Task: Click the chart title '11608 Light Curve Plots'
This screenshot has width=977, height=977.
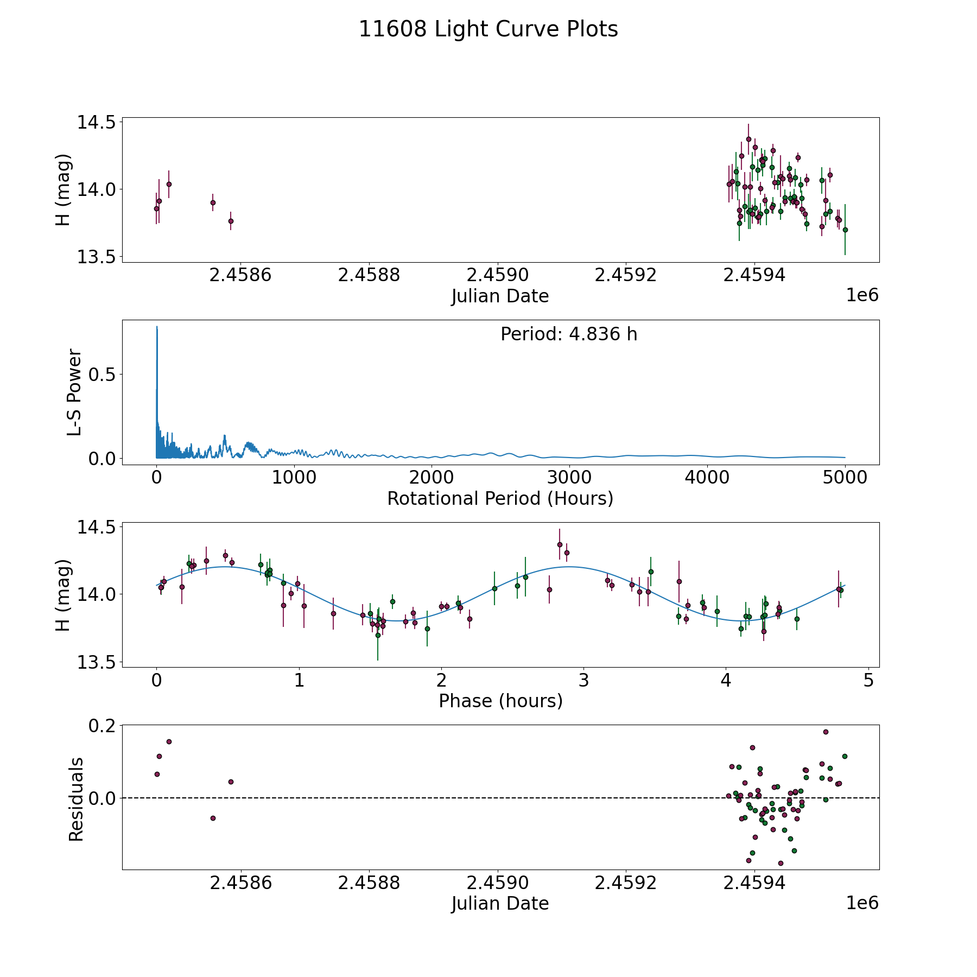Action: (x=488, y=29)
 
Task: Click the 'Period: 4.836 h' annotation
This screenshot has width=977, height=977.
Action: (x=569, y=334)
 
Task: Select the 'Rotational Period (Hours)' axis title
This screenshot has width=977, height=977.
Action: (x=500, y=498)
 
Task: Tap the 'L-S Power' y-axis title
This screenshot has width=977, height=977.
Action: (x=74, y=392)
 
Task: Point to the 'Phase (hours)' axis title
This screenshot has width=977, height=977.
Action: (x=500, y=701)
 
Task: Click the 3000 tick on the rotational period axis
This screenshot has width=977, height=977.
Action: (x=569, y=478)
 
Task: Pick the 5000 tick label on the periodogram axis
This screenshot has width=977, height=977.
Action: (x=845, y=478)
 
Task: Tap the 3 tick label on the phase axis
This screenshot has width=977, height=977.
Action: (x=583, y=680)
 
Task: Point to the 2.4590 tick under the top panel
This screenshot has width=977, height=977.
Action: (x=497, y=275)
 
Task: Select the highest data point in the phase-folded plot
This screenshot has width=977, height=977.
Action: (x=560, y=544)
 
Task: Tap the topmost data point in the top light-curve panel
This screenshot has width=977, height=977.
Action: (x=748, y=139)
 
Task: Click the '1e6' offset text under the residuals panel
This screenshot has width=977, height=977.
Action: (x=862, y=903)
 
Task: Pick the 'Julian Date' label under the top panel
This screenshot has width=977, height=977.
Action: (x=500, y=296)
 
